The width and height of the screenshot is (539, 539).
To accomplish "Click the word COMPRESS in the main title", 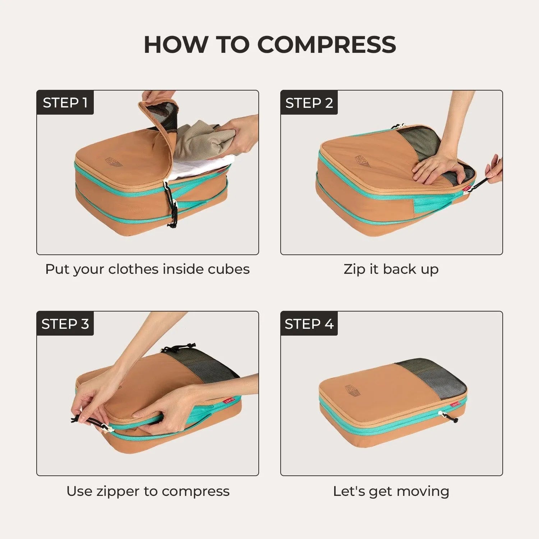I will (x=326, y=45).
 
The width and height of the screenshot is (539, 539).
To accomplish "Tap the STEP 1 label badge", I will (x=65, y=103).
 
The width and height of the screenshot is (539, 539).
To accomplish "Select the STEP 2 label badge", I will (x=309, y=103).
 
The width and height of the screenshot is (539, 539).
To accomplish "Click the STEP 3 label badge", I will (x=65, y=324).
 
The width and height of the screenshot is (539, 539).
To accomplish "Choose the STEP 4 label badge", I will (x=309, y=324).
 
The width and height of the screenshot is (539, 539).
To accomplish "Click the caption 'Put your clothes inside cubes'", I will (x=147, y=269).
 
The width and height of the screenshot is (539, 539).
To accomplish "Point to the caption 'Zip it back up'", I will (x=391, y=269).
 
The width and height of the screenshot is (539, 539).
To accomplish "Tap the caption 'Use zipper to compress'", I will (x=148, y=491).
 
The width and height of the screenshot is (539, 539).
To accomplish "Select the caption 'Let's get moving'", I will (x=391, y=491).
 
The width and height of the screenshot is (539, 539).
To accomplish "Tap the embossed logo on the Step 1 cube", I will (x=114, y=161).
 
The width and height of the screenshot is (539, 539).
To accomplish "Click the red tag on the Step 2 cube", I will (x=466, y=188).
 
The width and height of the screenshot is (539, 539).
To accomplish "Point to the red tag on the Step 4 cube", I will (x=455, y=405).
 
